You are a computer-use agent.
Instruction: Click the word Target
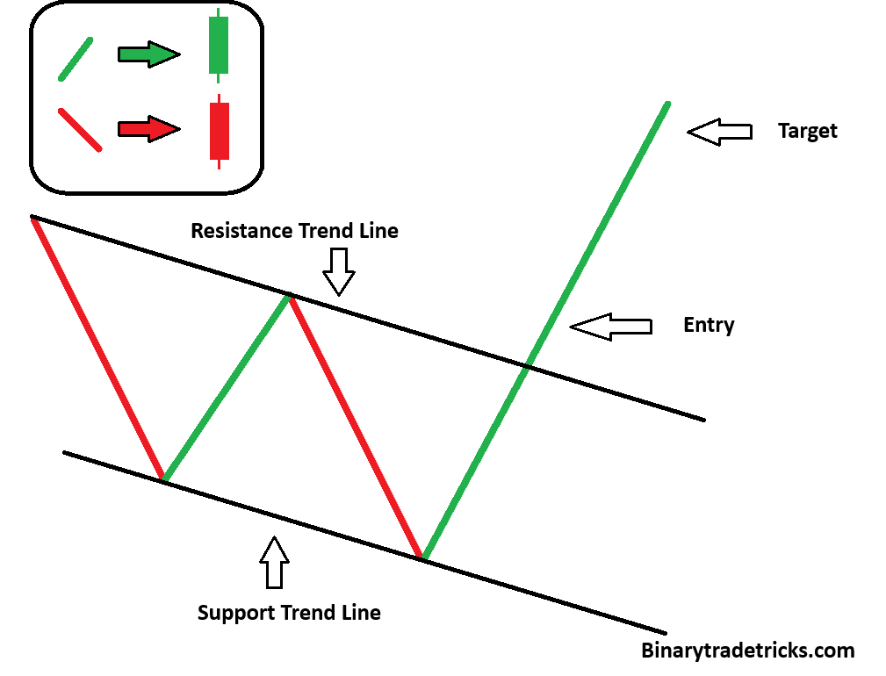click(x=807, y=131)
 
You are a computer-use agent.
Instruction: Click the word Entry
click(x=708, y=325)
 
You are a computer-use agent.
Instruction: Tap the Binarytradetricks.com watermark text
click(x=747, y=651)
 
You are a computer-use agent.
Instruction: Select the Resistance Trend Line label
click(x=294, y=231)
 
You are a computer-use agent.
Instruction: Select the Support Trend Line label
click(x=289, y=612)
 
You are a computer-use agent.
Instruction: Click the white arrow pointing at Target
click(x=719, y=131)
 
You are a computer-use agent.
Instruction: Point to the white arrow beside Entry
click(x=610, y=327)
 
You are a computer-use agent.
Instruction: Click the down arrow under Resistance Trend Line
click(x=338, y=271)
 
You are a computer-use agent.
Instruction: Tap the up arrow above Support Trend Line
click(x=275, y=563)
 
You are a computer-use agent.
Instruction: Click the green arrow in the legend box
click(x=148, y=54)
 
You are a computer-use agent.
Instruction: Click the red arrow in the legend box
click(x=148, y=129)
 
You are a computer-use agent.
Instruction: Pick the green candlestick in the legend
click(x=218, y=46)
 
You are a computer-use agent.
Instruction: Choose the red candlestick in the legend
click(x=219, y=131)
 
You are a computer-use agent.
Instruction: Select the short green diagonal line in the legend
click(x=76, y=59)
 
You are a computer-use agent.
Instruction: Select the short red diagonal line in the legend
click(x=79, y=129)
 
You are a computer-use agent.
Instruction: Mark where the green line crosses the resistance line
click(x=527, y=364)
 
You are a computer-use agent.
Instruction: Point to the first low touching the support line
click(x=163, y=479)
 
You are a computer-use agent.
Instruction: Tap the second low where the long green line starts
click(x=422, y=557)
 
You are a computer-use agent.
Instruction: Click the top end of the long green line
click(x=667, y=104)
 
